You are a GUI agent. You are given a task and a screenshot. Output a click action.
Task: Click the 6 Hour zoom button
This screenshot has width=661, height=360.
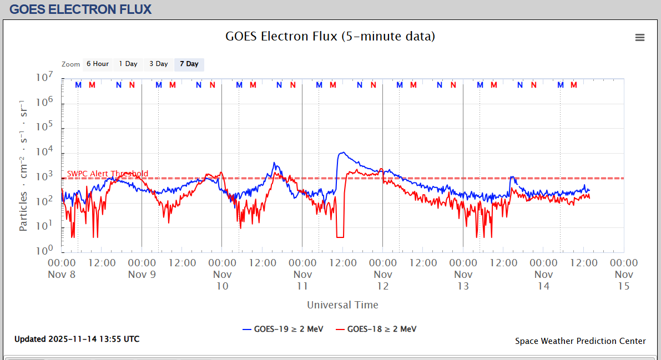point(97,64)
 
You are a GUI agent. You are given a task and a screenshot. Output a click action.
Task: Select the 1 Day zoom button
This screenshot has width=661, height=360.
point(128,64)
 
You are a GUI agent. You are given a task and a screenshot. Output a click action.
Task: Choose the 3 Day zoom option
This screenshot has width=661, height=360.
point(158,64)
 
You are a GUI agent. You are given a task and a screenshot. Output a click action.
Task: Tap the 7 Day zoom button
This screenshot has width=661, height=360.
point(189,64)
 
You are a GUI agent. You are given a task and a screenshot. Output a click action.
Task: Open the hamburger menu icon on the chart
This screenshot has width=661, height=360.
point(640,38)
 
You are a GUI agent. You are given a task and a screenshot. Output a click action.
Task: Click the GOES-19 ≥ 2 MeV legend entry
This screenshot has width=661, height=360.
point(282,329)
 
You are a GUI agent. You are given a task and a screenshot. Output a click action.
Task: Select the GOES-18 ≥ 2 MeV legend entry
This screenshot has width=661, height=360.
point(376,329)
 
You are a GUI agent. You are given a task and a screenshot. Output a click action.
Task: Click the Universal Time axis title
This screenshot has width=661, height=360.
point(342,305)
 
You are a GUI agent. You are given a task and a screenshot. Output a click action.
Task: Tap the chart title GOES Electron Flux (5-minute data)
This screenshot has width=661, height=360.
point(330,37)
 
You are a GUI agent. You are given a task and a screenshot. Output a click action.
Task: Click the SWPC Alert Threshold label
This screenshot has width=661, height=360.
point(108,174)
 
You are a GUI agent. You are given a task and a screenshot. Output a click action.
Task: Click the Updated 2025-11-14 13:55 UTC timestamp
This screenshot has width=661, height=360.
point(77,339)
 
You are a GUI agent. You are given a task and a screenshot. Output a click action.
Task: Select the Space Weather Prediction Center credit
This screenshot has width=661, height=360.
point(580,341)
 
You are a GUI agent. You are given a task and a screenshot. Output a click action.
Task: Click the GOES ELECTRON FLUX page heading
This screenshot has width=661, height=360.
point(80,9)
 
